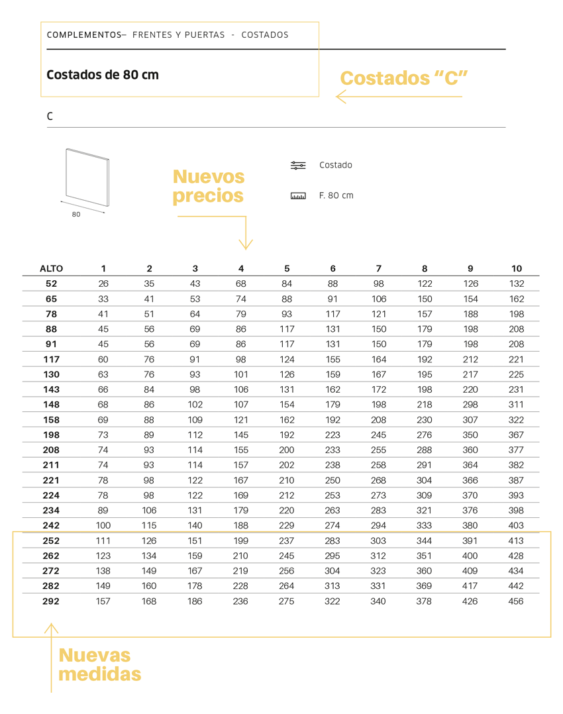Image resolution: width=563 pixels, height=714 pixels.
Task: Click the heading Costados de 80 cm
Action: [103, 75]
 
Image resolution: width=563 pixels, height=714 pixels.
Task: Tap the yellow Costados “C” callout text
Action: [404, 78]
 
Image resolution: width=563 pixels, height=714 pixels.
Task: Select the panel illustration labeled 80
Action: [87, 179]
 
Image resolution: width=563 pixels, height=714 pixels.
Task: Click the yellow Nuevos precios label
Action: [208, 186]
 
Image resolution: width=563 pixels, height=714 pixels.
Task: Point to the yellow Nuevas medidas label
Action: [99, 664]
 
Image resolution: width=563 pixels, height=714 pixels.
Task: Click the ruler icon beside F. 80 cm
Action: [298, 196]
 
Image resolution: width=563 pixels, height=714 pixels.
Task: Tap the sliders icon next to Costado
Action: [298, 166]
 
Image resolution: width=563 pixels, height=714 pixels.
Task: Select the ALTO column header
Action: [51, 269]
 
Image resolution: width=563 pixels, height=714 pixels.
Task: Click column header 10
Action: [516, 269]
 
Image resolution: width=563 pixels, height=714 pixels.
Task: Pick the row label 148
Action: [51, 405]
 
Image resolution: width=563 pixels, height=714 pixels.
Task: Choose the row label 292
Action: [51, 601]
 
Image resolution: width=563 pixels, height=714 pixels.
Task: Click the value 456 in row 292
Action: [515, 601]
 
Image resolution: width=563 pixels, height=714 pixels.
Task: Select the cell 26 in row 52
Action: [103, 283]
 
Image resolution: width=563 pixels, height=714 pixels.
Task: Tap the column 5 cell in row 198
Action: [287, 435]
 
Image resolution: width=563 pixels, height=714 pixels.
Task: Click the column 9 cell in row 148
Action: [470, 405]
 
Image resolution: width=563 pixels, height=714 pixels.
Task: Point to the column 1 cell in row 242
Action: [103, 526]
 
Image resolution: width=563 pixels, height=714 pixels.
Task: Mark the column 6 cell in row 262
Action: [333, 556]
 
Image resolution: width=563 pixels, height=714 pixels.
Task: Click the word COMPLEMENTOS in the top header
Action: [84, 35]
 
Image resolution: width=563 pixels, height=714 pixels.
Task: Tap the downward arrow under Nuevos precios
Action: [246, 238]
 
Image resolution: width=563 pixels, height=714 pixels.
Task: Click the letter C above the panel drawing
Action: [50, 117]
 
